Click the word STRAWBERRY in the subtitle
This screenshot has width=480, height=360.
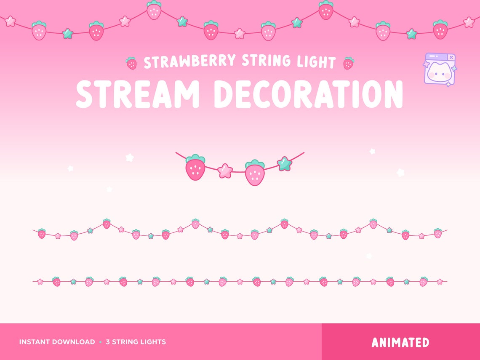click(x=190, y=62)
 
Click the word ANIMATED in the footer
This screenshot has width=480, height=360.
click(x=400, y=342)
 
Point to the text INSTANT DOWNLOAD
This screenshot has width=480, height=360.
click(x=57, y=342)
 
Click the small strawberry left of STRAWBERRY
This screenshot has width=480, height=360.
click(x=131, y=64)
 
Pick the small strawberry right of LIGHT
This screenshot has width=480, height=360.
click(x=348, y=64)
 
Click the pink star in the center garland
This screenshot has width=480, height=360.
click(x=225, y=171)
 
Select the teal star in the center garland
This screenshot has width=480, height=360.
click(x=284, y=164)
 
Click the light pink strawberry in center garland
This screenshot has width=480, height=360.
click(x=254, y=173)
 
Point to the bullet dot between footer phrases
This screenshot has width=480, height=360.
click(x=100, y=342)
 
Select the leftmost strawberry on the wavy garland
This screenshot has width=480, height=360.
click(x=42, y=234)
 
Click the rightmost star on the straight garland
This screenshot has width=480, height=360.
click(x=440, y=282)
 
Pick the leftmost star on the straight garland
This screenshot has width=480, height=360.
click(x=40, y=282)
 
